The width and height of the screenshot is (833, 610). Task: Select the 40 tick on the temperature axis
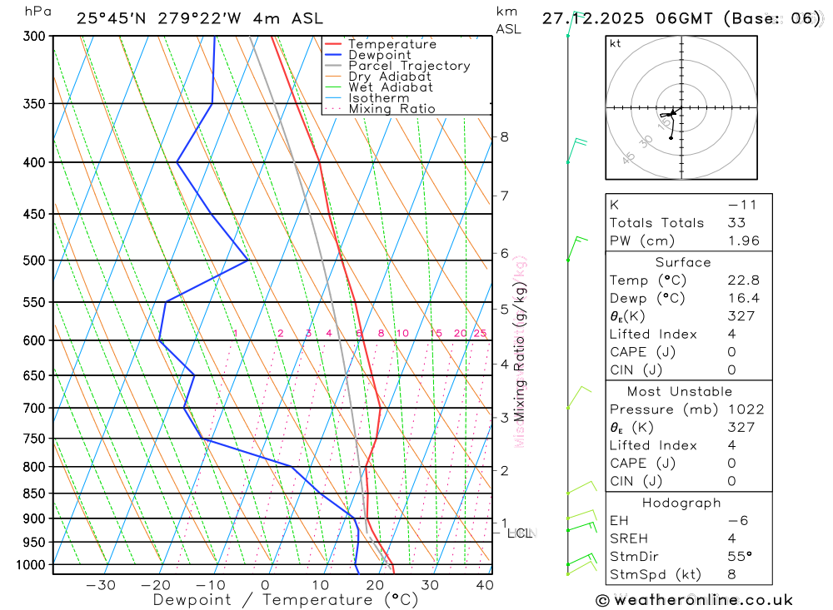(483, 585)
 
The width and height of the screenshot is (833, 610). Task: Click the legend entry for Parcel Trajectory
(409, 66)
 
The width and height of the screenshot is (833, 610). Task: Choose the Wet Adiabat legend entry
(390, 87)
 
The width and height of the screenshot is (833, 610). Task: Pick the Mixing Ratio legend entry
(392, 109)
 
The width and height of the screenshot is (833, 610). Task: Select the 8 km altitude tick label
(504, 136)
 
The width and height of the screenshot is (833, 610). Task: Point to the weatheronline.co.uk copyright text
(694, 600)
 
